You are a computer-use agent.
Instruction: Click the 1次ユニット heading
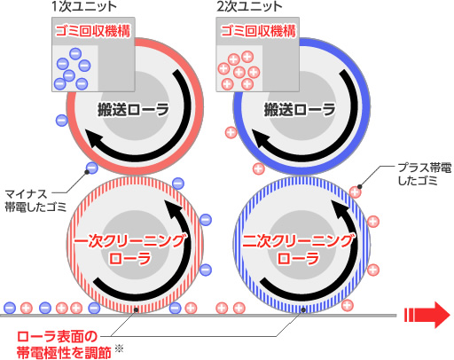[x=84, y=6]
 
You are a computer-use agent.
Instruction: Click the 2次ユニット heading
[x=249, y=6]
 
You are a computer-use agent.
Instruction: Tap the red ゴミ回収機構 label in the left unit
[x=93, y=31]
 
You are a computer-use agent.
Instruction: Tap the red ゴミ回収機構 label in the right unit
[x=258, y=31]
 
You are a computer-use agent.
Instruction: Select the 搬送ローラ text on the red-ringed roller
[x=134, y=110]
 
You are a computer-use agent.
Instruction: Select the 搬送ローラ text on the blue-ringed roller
[x=300, y=110]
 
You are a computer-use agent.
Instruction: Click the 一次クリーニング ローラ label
[x=130, y=249]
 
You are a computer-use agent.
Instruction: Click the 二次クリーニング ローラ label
[x=298, y=249]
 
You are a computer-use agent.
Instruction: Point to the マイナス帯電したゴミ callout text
[x=35, y=200]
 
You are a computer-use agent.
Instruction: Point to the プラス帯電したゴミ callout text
[x=425, y=174]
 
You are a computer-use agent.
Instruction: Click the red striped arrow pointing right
[x=427, y=315]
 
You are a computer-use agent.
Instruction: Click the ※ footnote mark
[x=119, y=348]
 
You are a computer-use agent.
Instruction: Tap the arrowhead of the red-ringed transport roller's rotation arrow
[x=95, y=138]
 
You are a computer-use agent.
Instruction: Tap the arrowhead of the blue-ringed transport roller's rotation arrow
[x=262, y=138]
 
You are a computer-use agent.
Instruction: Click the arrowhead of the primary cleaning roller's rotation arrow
[x=174, y=209]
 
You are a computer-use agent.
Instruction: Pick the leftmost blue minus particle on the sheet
[x=10, y=308]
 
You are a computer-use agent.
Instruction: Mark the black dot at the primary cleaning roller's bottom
[x=136, y=309]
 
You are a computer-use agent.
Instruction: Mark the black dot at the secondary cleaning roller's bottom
[x=303, y=309]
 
